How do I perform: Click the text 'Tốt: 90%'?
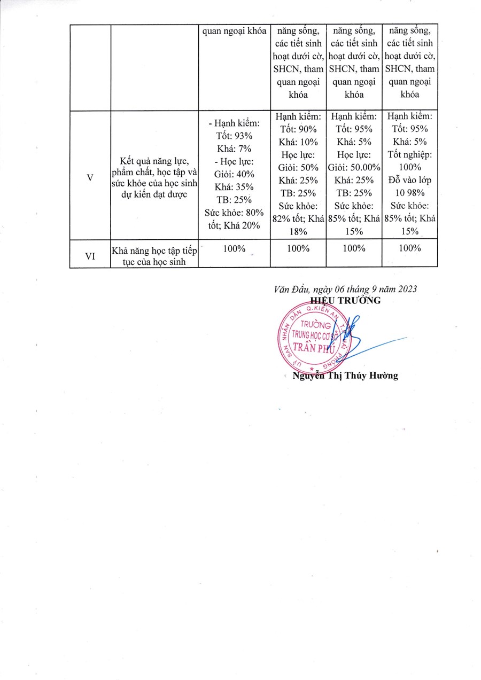point(298,129)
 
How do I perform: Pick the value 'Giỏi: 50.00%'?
point(354,167)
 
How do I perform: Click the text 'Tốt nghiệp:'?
point(409,154)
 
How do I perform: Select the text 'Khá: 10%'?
point(298,142)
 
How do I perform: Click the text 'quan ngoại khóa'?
point(234,30)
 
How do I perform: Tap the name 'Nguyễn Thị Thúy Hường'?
point(345,376)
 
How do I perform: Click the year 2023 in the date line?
point(406,289)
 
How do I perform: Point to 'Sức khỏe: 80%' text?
point(234,213)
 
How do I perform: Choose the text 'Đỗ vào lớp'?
point(409,180)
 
